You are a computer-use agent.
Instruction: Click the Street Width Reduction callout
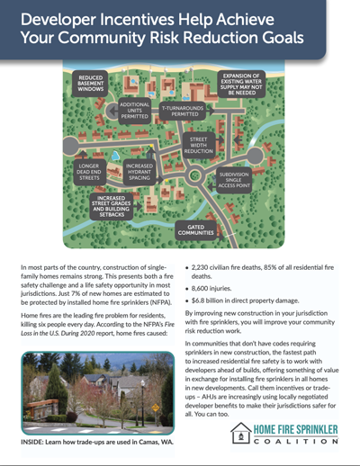[x=200, y=146]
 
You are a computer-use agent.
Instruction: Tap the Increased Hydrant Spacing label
[x=139, y=172]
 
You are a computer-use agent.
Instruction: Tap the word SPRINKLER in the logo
[x=302, y=429]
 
